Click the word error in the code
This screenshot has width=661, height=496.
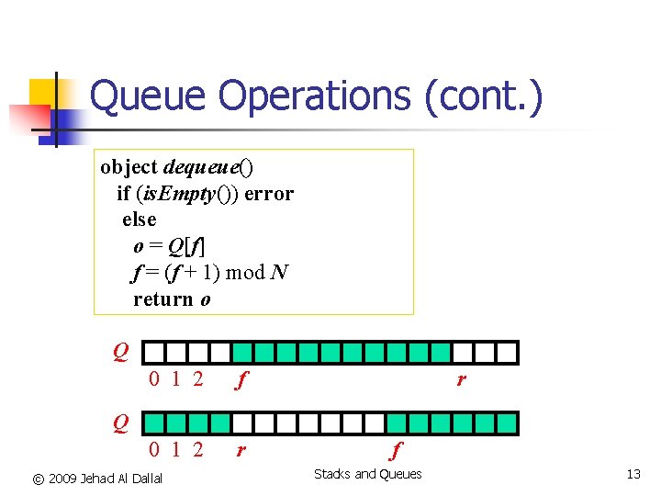(270, 194)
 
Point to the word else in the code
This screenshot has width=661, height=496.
(140, 220)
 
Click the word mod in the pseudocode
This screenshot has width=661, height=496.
(244, 273)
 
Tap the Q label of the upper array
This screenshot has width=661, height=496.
(120, 351)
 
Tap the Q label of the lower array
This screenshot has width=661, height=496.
(120, 423)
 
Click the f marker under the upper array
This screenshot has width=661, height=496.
(241, 379)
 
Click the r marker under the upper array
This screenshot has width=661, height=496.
(461, 378)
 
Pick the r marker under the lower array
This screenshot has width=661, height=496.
(241, 451)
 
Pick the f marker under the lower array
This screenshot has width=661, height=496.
(396, 451)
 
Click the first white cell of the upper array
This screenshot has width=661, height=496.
(154, 353)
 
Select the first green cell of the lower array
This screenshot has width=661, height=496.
(154, 423)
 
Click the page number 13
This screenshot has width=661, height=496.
(633, 475)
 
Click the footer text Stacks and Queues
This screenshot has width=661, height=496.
(367, 475)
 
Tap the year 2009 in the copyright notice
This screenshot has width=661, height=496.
(63, 479)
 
